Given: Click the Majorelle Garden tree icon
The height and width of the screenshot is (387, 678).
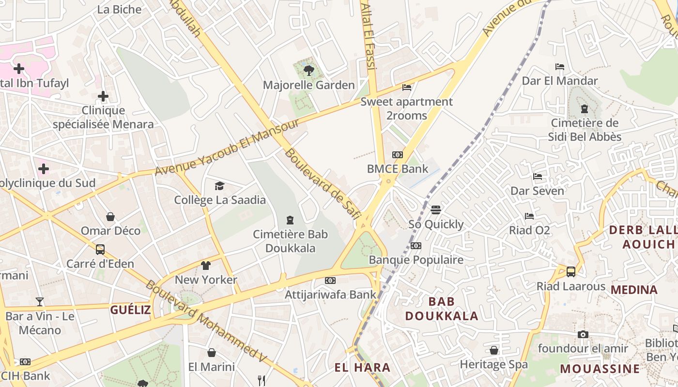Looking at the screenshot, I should pos(308,71).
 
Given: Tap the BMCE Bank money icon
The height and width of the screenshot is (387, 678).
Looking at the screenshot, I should pos(397,155).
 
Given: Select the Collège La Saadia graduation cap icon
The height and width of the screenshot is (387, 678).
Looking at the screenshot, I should pos(220,186).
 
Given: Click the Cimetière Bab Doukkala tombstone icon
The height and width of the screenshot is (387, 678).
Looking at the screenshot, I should pos(290,220).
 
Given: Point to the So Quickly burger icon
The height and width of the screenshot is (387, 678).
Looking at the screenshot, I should pos(436,210).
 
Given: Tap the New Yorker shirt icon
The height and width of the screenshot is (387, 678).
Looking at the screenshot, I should pos(206,265).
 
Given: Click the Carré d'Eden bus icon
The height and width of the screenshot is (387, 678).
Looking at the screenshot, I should pos(100,250).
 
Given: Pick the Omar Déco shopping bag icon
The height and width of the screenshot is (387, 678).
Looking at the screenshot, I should pos(110,217).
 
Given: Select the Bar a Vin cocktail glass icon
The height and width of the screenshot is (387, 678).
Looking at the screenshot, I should pos(40,302).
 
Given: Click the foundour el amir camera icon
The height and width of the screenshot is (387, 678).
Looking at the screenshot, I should pos(583,334).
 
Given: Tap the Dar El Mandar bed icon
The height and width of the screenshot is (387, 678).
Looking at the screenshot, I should pos(560,66).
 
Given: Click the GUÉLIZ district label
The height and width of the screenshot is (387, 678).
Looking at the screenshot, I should pos(130,310).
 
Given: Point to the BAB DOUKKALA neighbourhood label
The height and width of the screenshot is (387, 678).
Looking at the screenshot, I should pos(441,309).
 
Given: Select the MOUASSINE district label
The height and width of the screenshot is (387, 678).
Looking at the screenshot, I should pos(600,369).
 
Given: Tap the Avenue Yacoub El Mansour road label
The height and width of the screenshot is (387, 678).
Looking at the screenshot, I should pos(227,147).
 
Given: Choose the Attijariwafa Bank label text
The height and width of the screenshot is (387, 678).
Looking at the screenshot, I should pos(330,294).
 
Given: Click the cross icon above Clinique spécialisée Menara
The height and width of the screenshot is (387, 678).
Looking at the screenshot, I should pos(103,96).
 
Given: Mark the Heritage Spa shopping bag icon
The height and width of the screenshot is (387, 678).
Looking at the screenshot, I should pos(494,350).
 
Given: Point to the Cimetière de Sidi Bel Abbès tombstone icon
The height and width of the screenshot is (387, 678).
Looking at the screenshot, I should pos(585,109).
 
